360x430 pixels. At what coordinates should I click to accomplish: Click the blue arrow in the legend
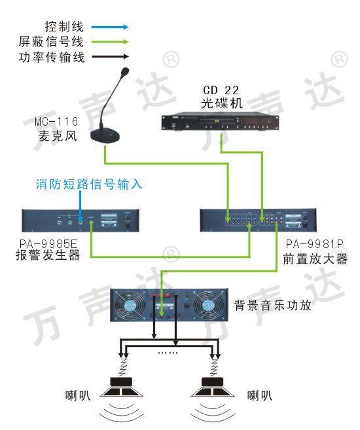click(x=110, y=27)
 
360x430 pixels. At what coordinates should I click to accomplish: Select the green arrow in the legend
click(x=110, y=42)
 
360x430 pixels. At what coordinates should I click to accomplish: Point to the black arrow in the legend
click(x=110, y=57)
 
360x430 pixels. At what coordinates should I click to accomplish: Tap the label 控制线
click(x=64, y=27)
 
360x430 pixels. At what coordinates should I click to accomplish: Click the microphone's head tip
click(x=125, y=71)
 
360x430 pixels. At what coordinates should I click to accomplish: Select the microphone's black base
click(x=105, y=135)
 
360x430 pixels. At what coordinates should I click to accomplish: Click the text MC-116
click(x=56, y=122)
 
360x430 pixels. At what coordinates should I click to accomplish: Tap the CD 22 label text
click(x=221, y=90)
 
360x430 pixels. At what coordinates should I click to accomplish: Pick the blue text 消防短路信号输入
click(x=89, y=184)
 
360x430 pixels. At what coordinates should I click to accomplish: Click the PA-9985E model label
click(x=48, y=244)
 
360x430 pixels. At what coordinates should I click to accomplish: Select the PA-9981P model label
click(x=314, y=243)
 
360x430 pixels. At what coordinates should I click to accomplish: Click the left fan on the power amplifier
click(x=130, y=305)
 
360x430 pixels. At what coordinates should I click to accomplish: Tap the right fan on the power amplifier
click(x=208, y=305)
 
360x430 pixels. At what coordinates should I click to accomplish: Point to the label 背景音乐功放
click(x=273, y=305)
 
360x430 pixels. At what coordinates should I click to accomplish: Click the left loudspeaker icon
click(x=121, y=387)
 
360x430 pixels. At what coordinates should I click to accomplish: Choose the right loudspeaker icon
click(x=213, y=387)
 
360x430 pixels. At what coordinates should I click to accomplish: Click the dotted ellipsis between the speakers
click(x=168, y=353)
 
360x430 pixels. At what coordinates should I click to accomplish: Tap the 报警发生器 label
click(x=48, y=255)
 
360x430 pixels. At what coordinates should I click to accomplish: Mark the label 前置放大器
click(x=315, y=259)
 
